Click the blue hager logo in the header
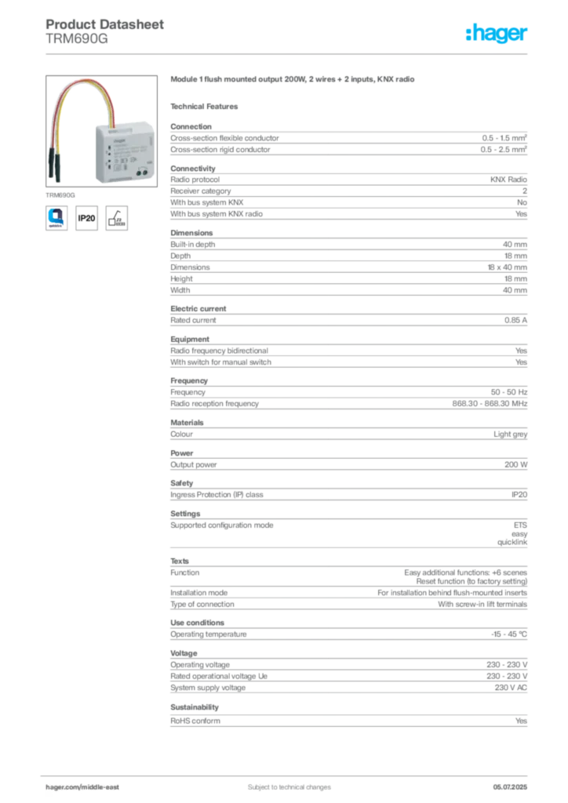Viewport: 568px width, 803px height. coord(497,35)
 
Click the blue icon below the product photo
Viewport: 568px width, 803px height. coord(57,216)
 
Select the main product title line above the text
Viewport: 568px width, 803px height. coord(295,81)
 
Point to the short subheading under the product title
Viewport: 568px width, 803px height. coord(207,105)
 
